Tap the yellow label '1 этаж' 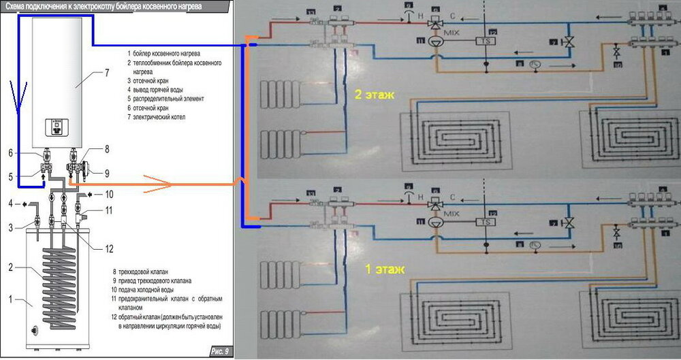pos(385,270)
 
